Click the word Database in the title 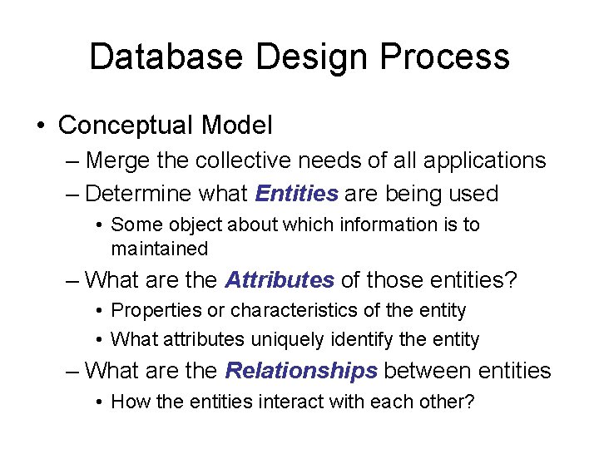click(x=166, y=57)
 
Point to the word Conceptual click(x=125, y=126)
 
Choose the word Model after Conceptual click(x=236, y=126)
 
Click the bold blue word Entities click(x=297, y=194)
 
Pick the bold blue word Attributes click(x=280, y=280)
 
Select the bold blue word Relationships click(x=301, y=370)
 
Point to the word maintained click(x=159, y=249)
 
